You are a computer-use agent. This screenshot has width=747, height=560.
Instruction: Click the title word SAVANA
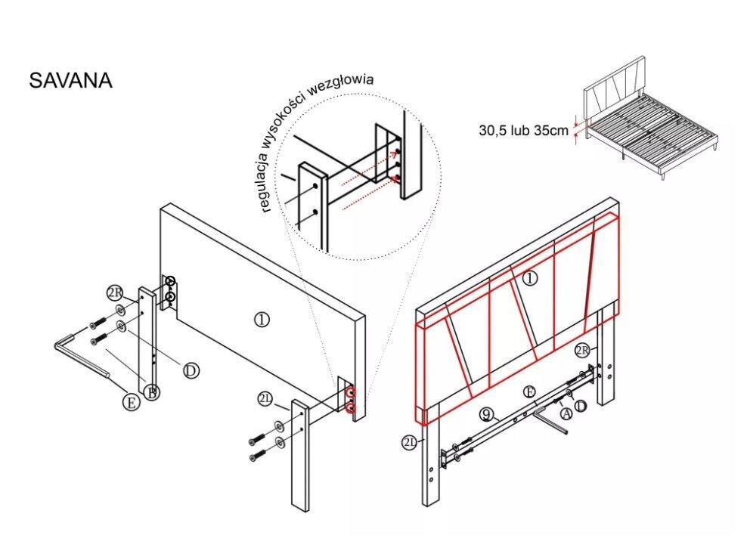(70, 81)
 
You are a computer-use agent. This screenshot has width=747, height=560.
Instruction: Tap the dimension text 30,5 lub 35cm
(522, 130)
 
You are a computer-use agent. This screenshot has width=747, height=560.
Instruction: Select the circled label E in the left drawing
(131, 402)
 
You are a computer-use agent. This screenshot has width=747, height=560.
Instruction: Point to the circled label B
(151, 392)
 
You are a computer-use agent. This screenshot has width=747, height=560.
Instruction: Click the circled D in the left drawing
(191, 370)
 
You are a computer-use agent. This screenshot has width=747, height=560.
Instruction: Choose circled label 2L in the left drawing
(265, 400)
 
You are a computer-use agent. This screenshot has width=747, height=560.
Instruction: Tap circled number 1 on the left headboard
(261, 320)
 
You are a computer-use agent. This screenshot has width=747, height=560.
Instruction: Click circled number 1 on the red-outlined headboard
(529, 278)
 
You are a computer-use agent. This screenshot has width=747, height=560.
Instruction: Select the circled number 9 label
(488, 414)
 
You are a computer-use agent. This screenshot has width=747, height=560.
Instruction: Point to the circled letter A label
(566, 413)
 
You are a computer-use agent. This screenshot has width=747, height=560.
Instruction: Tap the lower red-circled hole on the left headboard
(350, 408)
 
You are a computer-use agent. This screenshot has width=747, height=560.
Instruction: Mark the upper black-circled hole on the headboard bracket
(171, 283)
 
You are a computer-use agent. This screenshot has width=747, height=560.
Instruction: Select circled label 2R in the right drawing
(582, 350)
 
